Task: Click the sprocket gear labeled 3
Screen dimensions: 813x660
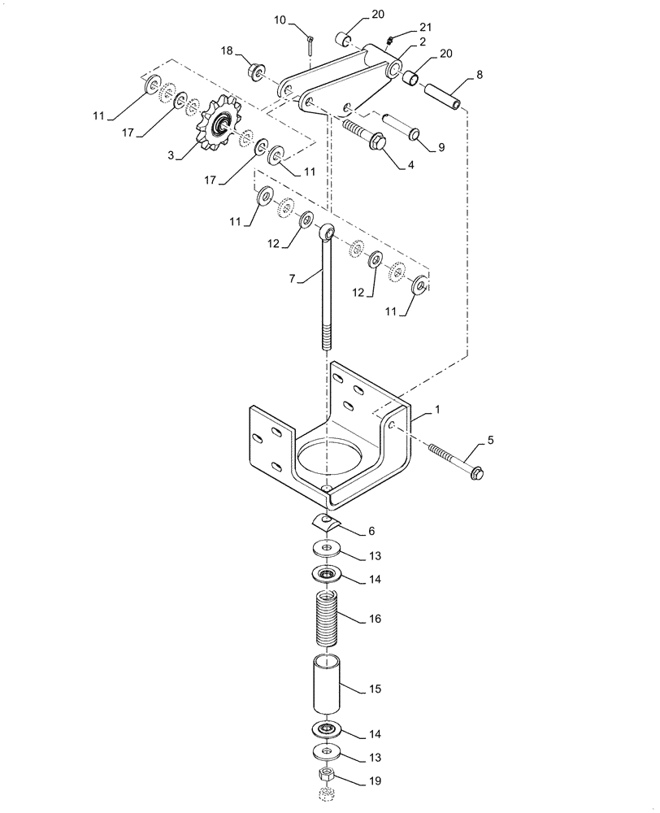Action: pos(220,127)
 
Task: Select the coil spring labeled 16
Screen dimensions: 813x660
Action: pos(328,620)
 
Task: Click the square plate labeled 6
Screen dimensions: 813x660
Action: pos(325,521)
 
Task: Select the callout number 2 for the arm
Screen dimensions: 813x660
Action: pos(401,41)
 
